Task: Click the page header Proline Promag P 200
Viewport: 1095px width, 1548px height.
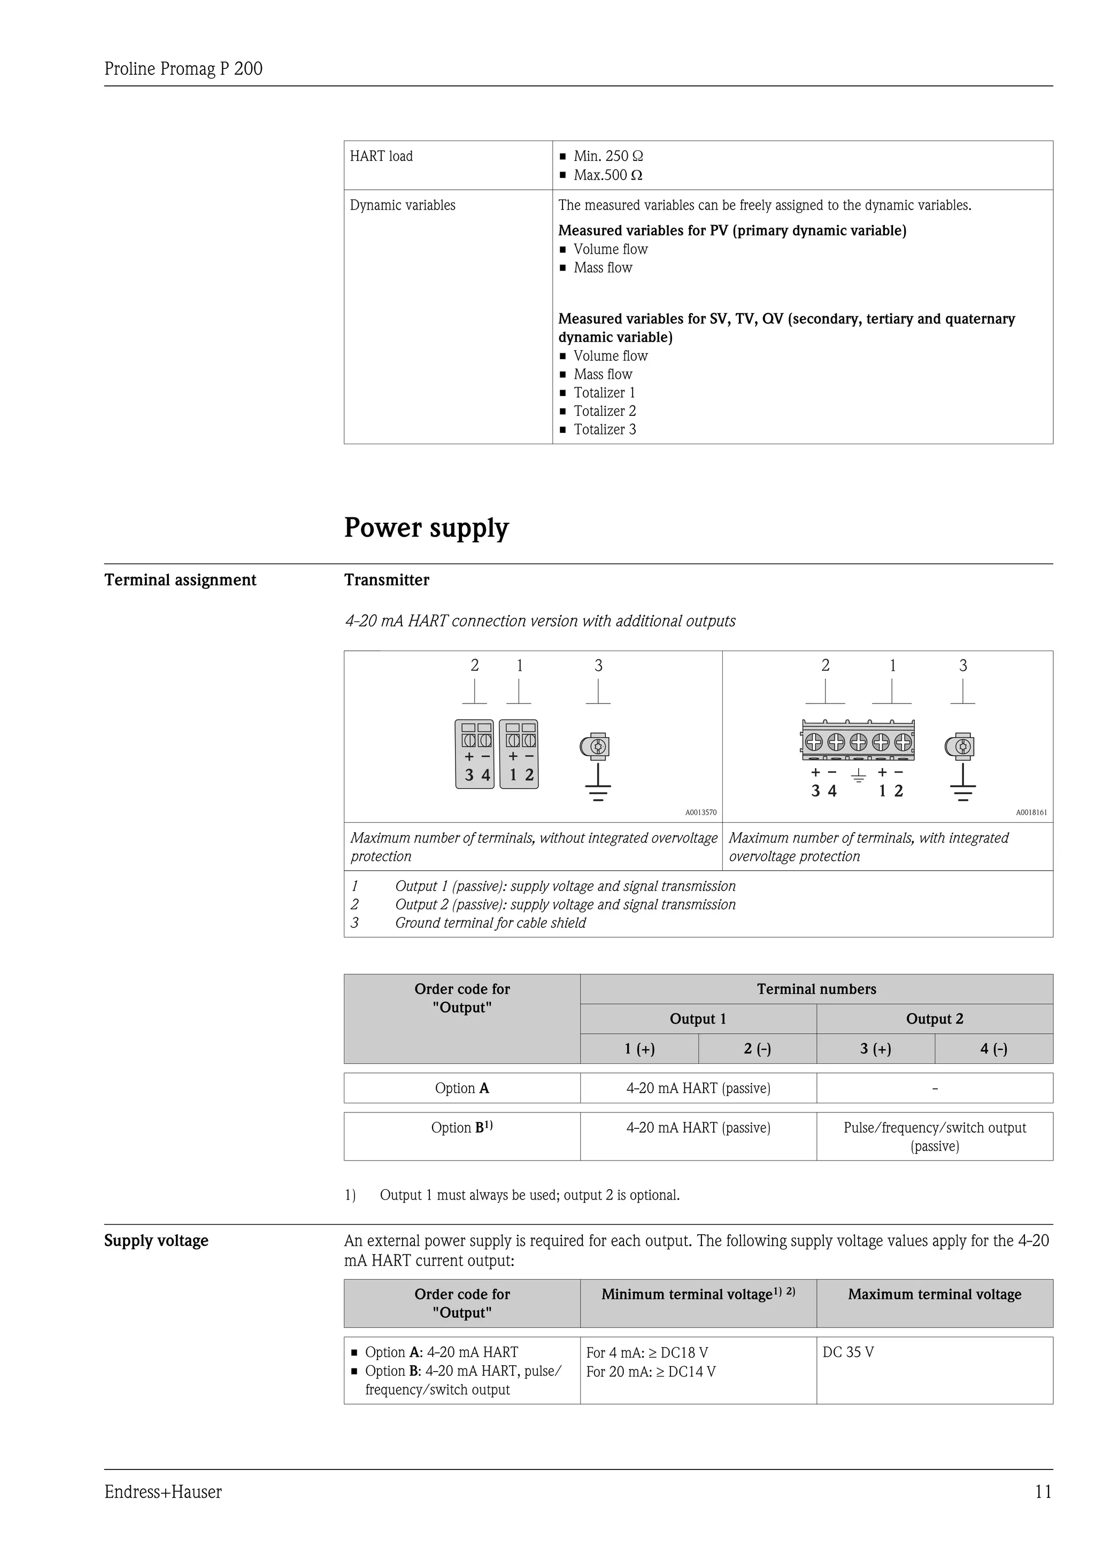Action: click(x=183, y=69)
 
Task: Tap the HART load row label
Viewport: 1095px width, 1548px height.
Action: click(x=381, y=157)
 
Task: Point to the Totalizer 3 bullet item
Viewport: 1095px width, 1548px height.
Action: click(x=604, y=429)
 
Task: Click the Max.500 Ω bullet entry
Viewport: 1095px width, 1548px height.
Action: click(x=607, y=175)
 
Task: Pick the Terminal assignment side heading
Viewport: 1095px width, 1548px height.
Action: click(x=180, y=580)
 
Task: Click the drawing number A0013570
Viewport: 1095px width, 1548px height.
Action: click(x=700, y=812)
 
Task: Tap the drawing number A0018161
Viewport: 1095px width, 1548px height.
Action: click(x=1031, y=812)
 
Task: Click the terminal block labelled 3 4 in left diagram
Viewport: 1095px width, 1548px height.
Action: click(x=475, y=754)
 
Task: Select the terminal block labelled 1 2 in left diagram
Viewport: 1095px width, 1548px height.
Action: click(x=519, y=754)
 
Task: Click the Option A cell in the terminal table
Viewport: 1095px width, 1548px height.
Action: click(x=462, y=1088)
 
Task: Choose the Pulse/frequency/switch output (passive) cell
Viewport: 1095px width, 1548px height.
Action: click(x=935, y=1137)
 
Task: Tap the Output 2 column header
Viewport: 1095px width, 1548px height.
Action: click(x=935, y=1019)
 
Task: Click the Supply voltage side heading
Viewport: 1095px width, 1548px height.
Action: click(x=157, y=1241)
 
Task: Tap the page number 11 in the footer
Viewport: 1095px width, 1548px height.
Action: click(x=1043, y=1492)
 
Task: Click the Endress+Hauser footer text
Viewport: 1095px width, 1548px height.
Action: click(x=163, y=1492)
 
